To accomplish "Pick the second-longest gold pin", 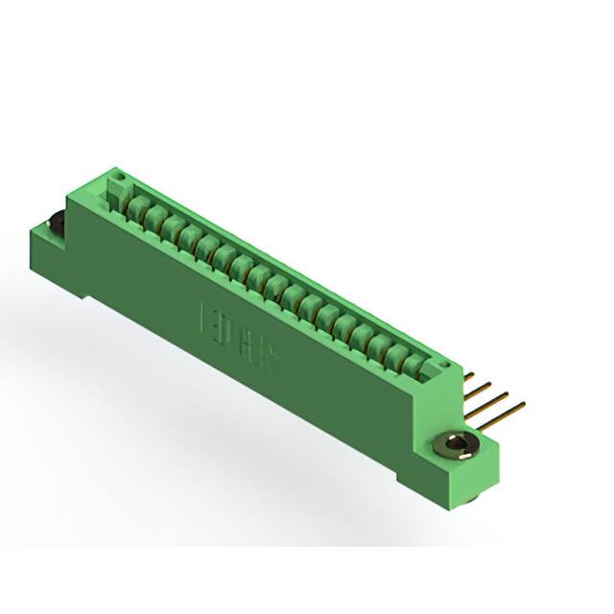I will pos(490,393).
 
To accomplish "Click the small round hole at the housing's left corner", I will pos(121,177).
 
